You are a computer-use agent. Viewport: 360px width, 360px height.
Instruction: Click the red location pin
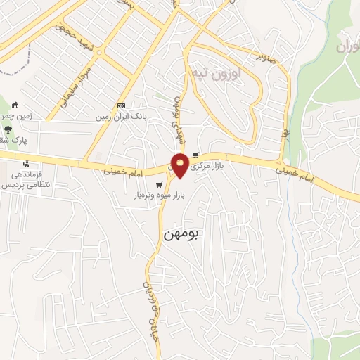point(180,165)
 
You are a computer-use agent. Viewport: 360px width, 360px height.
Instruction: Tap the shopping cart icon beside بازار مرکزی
point(205,156)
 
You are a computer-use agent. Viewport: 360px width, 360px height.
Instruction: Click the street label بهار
point(285,132)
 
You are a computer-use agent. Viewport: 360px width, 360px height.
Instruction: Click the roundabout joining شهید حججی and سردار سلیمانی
point(100,51)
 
